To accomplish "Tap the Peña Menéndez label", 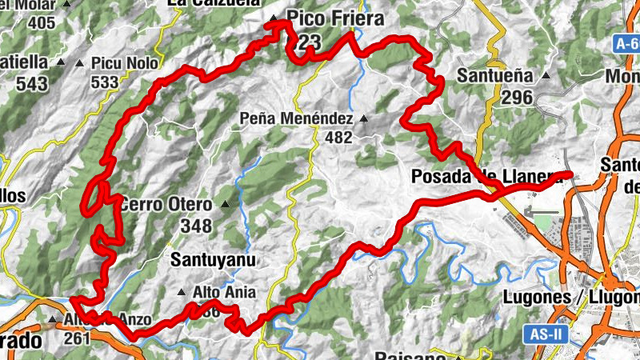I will click(x=296, y=118).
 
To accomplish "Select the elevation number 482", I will click(x=338, y=138).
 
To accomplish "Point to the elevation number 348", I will click(x=196, y=226).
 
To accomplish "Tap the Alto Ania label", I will click(x=218, y=293).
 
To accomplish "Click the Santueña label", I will click(x=497, y=76).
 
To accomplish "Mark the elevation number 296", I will click(x=518, y=97).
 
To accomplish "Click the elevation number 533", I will click(x=105, y=82).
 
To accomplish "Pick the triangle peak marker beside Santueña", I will click(x=546, y=76).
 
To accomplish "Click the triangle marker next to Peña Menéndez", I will click(x=363, y=119).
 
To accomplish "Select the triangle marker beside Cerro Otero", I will click(x=225, y=205).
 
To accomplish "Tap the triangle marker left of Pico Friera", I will click(x=274, y=18).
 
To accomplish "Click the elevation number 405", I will click(x=41, y=22).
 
